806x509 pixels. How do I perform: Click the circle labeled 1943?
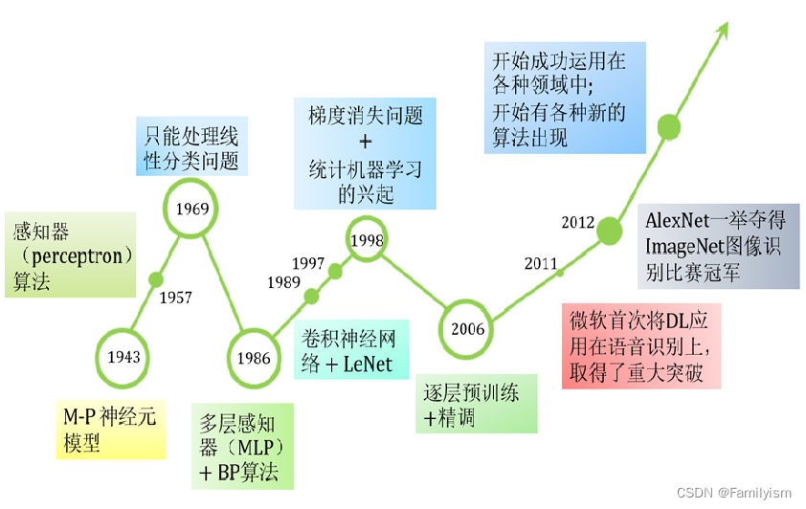pos(124,357)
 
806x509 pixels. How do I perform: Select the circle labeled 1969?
pos(192,207)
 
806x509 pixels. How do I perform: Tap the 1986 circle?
pos(254,359)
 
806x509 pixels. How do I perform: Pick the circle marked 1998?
pos(368,240)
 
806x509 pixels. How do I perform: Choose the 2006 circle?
pos(468,330)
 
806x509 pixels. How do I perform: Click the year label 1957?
pos(175,298)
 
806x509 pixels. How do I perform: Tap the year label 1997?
pos(308,263)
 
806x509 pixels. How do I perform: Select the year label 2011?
pos(541,264)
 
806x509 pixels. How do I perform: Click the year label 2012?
pos(578,223)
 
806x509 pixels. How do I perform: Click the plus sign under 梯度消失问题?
pos(365,143)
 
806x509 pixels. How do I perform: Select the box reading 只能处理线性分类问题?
pos(191,145)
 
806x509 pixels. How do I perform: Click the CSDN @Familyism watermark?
pos(733,494)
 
